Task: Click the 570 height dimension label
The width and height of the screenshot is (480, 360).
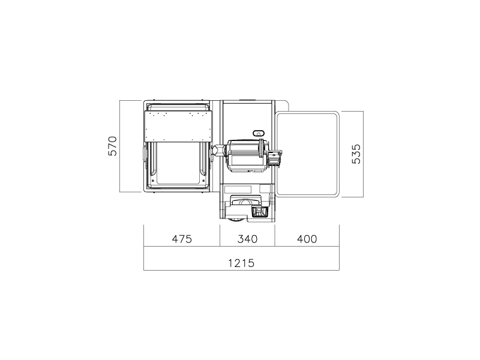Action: [113, 146]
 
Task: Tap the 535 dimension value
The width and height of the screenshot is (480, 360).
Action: [356, 154]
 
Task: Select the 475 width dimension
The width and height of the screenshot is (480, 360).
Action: [182, 239]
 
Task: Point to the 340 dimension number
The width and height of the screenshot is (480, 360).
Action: [247, 239]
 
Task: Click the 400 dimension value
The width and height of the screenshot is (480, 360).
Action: [307, 239]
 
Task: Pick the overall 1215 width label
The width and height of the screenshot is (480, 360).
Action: [241, 263]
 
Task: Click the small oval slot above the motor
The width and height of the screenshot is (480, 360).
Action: [259, 133]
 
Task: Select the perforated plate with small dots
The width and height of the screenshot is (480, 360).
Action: [178, 126]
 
